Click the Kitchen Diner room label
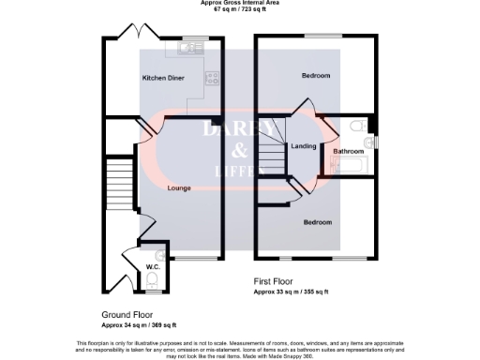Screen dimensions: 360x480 pyautogui.click(x=161, y=77)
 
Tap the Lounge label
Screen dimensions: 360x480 pyautogui.click(x=179, y=188)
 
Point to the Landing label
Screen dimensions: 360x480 pyautogui.click(x=303, y=146)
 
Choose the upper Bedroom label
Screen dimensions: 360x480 pyautogui.click(x=316, y=75)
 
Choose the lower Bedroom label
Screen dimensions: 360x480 pyautogui.click(x=316, y=222)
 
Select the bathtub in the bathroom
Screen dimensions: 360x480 pyautogui.click(x=347, y=168)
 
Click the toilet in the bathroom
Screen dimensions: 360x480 pyautogui.click(x=357, y=127)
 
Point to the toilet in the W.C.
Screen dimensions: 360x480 pyautogui.click(x=152, y=278)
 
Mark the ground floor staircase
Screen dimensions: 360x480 pyautogui.click(x=117, y=179)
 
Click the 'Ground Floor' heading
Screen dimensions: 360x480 pyautogui.click(x=127, y=315)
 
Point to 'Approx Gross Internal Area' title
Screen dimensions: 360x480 pyautogui.click(x=239, y=3)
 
